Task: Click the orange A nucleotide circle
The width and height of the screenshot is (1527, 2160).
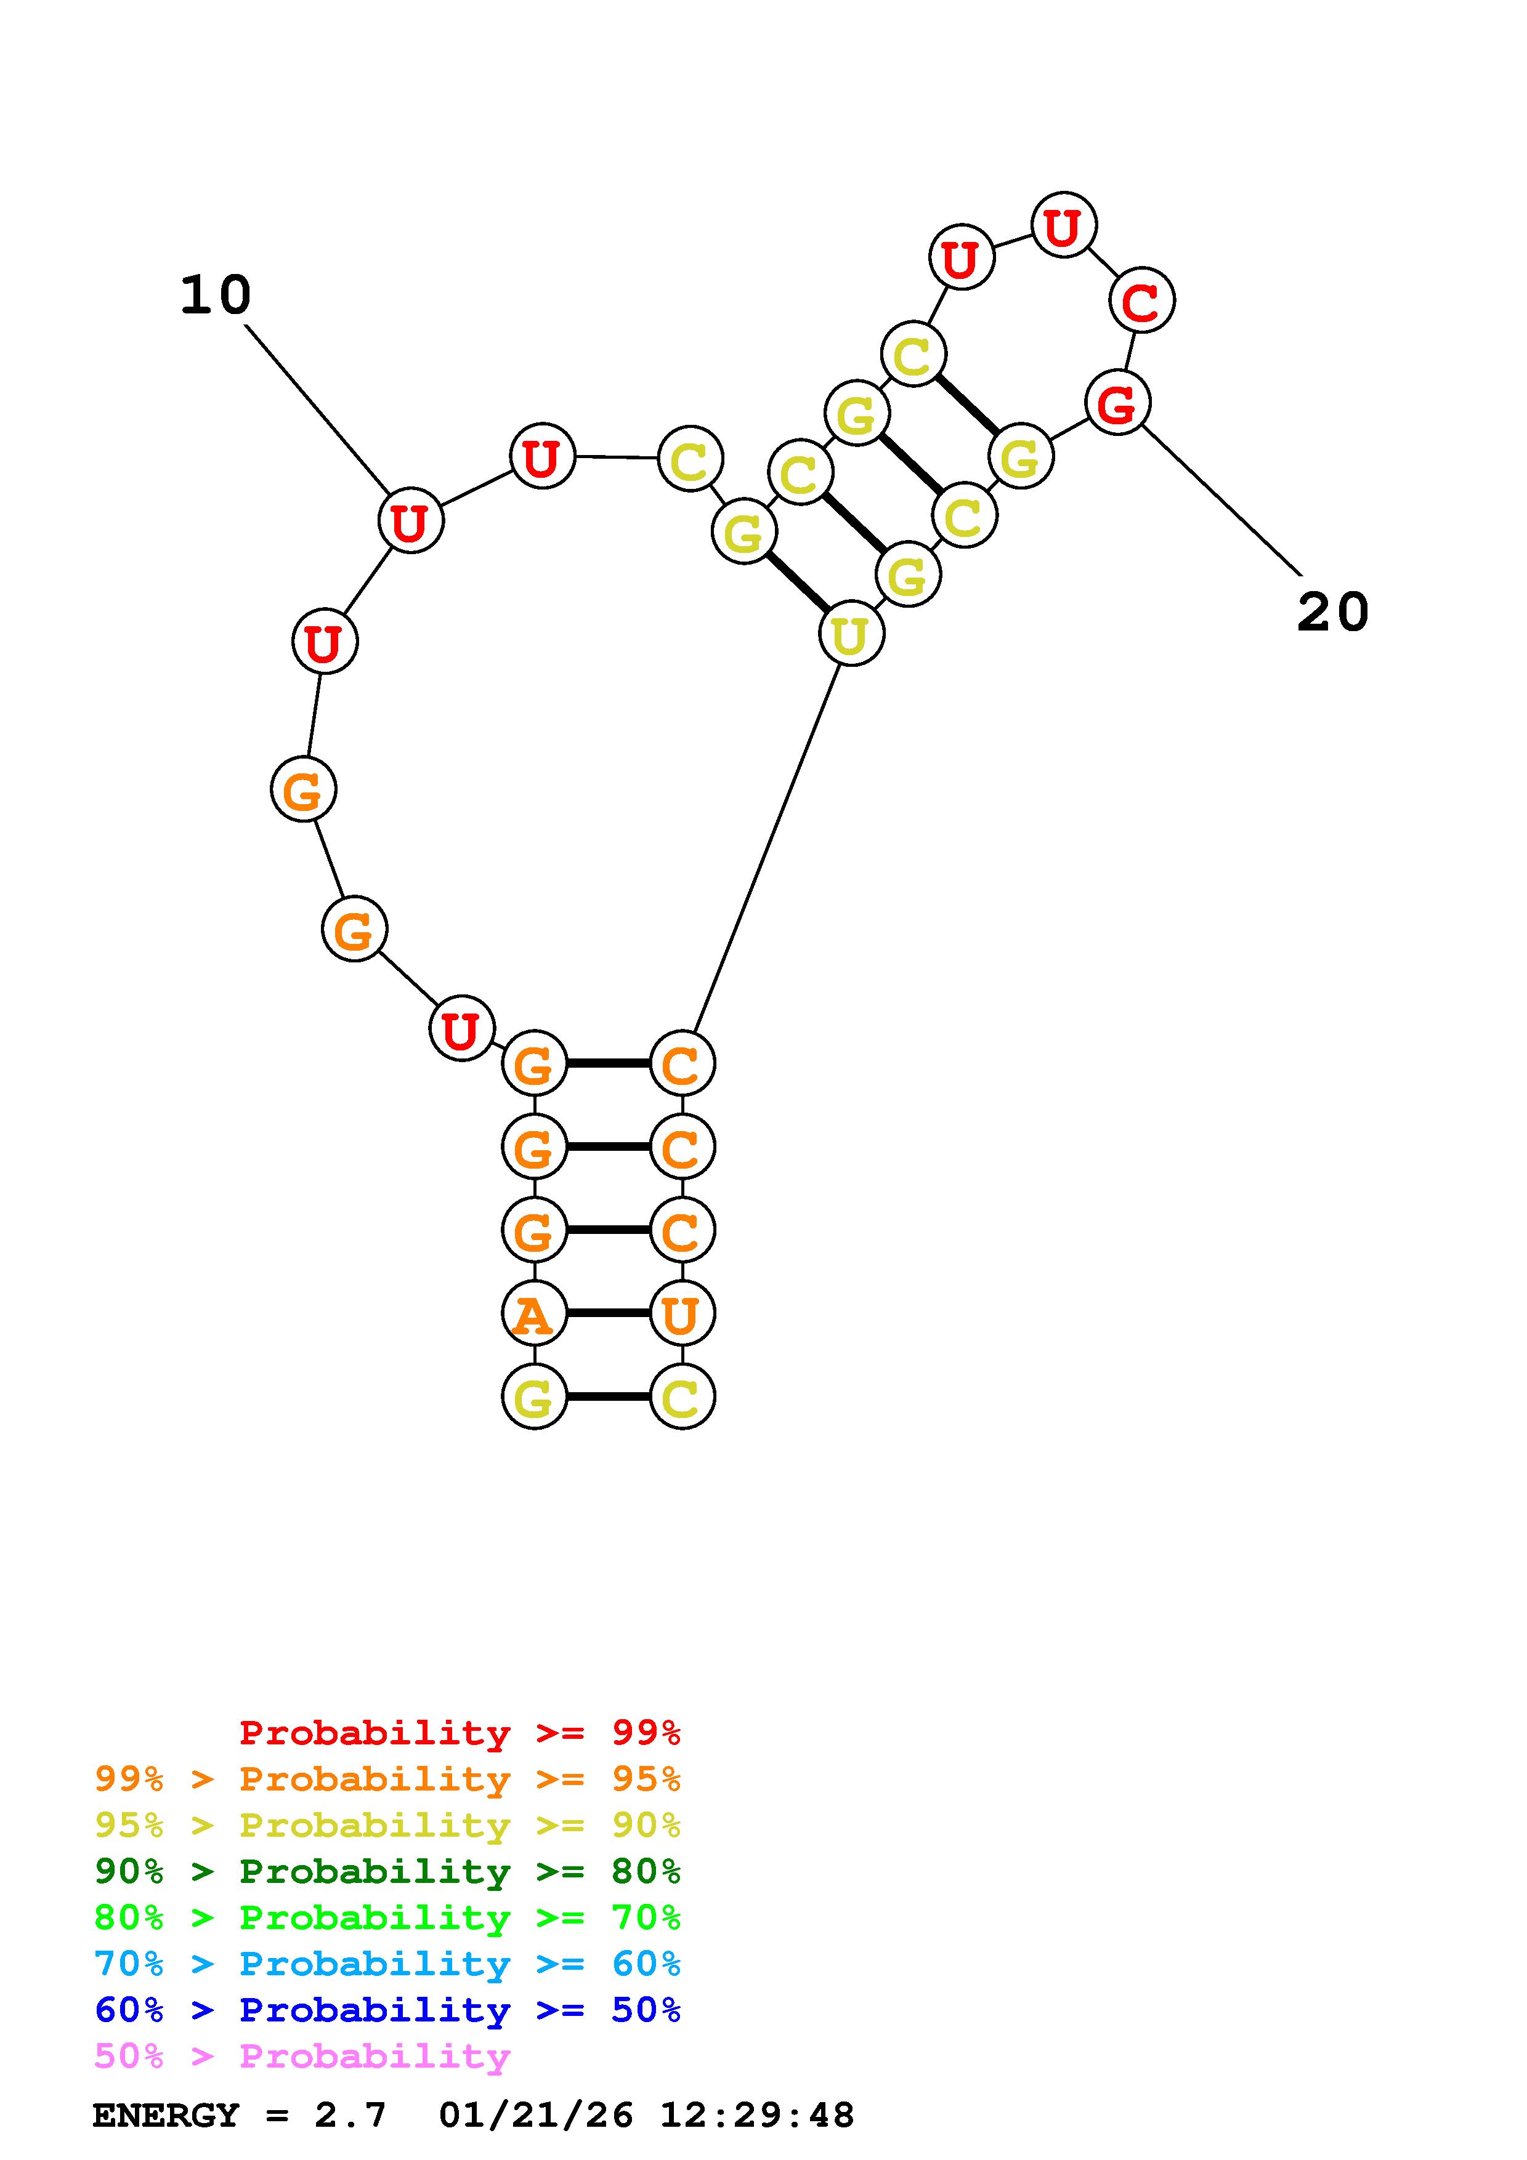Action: click(535, 1313)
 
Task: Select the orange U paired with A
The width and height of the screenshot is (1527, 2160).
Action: click(682, 1313)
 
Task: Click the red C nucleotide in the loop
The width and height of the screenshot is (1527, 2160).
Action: click(1142, 300)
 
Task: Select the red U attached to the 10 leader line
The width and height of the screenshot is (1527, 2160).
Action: click(411, 520)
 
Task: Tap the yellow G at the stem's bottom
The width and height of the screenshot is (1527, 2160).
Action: click(535, 1396)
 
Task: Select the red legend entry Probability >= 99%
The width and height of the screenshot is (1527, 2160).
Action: click(460, 1732)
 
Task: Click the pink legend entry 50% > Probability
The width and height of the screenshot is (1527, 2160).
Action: click(302, 2057)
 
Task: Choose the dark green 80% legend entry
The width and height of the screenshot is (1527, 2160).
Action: click(387, 1871)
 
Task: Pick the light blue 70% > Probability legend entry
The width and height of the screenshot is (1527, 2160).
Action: click(387, 1964)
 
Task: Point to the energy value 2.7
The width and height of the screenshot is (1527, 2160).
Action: click(350, 2115)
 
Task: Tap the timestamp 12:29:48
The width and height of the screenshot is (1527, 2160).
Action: click(758, 2115)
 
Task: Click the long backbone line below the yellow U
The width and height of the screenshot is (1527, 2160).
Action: click(766, 848)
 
